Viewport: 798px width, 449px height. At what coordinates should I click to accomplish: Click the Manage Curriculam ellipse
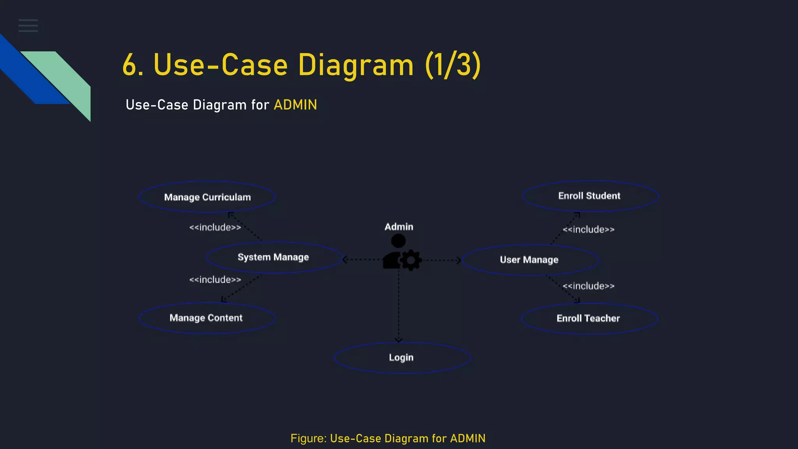tap(207, 197)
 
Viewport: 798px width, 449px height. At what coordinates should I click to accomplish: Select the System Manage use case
tap(274, 257)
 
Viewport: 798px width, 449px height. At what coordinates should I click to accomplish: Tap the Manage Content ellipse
tap(207, 318)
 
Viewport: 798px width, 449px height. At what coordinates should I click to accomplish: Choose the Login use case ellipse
tap(402, 358)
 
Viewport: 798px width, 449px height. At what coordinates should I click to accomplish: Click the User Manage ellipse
tap(530, 260)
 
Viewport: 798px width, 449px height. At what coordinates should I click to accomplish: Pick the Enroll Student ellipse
tap(590, 196)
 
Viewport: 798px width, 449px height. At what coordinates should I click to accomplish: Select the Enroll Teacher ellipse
tap(589, 318)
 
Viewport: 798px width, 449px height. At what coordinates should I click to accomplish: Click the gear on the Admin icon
tap(411, 260)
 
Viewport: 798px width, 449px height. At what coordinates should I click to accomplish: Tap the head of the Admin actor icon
tap(398, 241)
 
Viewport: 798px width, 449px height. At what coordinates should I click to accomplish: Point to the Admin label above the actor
tap(399, 227)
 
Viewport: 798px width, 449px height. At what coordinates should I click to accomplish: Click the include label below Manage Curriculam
tap(215, 227)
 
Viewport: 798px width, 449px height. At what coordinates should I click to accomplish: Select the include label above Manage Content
tap(215, 280)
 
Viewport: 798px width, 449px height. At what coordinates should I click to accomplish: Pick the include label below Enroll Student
tap(588, 230)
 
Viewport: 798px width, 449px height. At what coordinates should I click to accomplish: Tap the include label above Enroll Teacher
tap(588, 286)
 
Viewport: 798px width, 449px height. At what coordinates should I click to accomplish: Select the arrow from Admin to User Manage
tap(442, 260)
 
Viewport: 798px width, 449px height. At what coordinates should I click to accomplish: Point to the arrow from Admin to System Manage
tap(362, 259)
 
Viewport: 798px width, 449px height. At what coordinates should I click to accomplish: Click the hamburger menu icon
tap(28, 25)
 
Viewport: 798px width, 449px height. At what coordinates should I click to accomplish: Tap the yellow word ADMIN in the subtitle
tap(295, 105)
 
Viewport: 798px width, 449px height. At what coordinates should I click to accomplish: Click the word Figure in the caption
tap(308, 438)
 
